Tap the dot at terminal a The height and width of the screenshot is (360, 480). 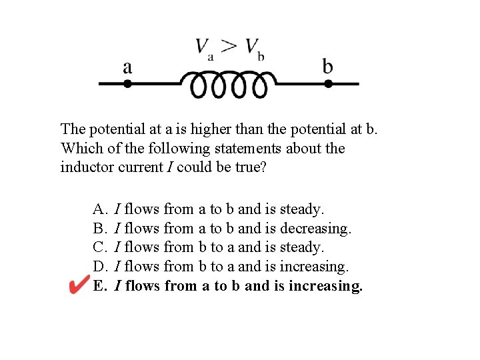[x=127, y=84]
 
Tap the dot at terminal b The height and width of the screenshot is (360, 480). [x=328, y=84]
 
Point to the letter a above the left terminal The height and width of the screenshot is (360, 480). [x=127, y=67]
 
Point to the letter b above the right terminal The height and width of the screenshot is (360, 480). [x=328, y=66]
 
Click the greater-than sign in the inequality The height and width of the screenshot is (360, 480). [x=228, y=46]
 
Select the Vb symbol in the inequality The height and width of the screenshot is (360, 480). [x=253, y=47]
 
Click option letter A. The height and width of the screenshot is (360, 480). [x=99, y=209]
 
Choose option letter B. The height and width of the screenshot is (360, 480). [x=99, y=229]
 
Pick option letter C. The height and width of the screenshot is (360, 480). [x=99, y=247]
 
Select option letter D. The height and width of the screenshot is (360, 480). [x=99, y=267]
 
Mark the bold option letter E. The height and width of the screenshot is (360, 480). [x=99, y=286]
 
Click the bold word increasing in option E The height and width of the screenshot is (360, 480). [x=326, y=286]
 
